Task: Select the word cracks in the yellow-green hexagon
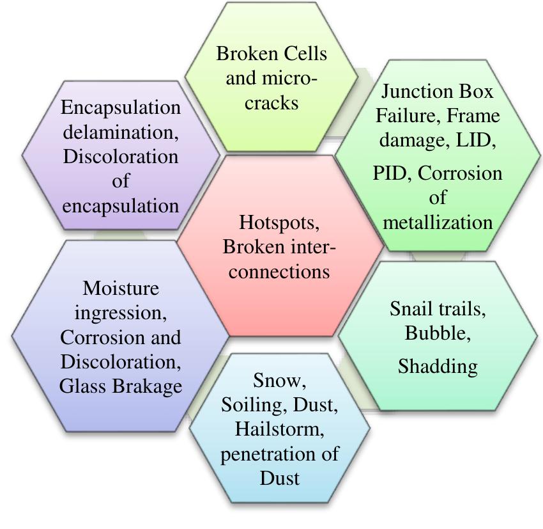271,103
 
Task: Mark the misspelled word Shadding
438,366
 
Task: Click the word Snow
279,381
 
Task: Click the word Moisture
120,288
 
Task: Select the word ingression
120,313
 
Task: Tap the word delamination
120,132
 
